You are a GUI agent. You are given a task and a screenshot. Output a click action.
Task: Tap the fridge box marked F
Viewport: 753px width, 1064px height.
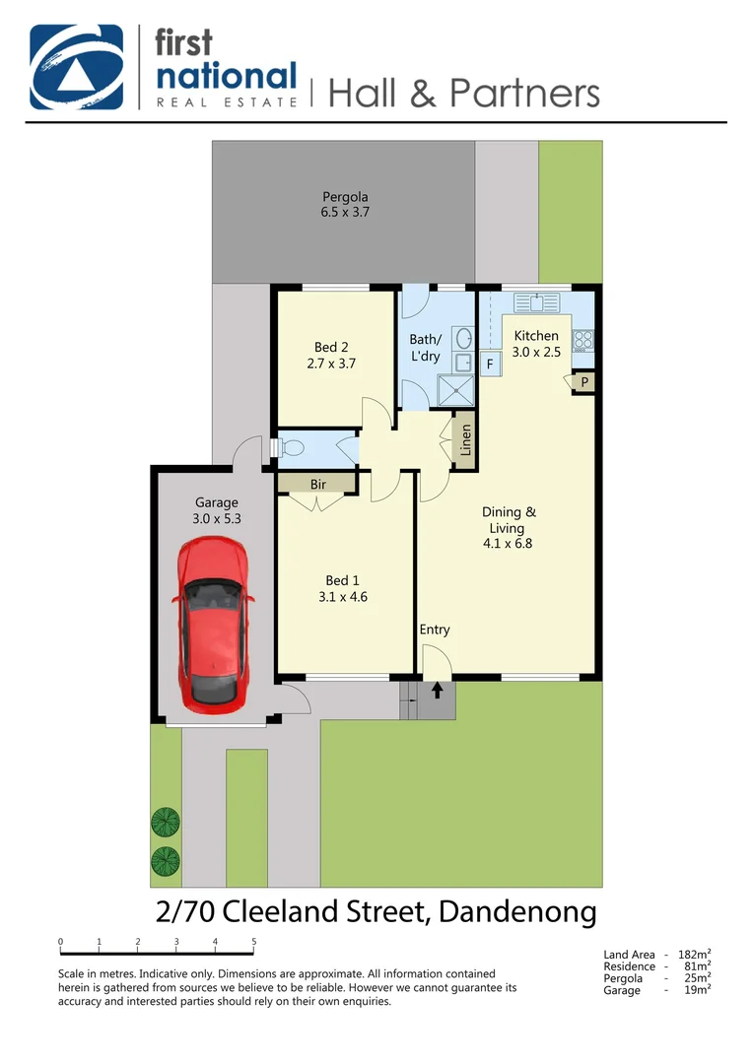pos(490,364)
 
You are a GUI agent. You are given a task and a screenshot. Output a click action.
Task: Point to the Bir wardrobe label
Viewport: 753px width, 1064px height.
pos(318,484)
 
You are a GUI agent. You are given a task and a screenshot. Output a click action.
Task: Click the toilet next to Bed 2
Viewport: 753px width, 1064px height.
pos(292,448)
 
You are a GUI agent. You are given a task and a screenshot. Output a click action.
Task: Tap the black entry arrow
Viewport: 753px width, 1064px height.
pos(438,693)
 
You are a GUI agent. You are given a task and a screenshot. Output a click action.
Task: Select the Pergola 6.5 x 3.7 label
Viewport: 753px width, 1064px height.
pos(345,204)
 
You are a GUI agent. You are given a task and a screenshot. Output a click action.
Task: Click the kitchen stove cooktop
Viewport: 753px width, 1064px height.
pos(583,341)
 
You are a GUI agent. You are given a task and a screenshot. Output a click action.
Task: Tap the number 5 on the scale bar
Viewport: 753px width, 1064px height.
pos(254,942)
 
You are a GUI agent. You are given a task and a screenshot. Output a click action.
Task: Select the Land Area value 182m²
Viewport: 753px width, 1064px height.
pos(695,955)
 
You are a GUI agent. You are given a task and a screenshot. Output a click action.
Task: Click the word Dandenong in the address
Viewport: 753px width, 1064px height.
pos(517,911)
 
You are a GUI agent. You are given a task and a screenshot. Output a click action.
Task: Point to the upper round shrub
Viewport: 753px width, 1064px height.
pos(166,820)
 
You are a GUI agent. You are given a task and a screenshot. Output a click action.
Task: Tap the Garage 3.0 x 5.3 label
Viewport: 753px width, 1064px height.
pos(216,509)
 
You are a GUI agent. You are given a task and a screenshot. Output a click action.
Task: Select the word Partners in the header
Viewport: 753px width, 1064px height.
pos(524,93)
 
